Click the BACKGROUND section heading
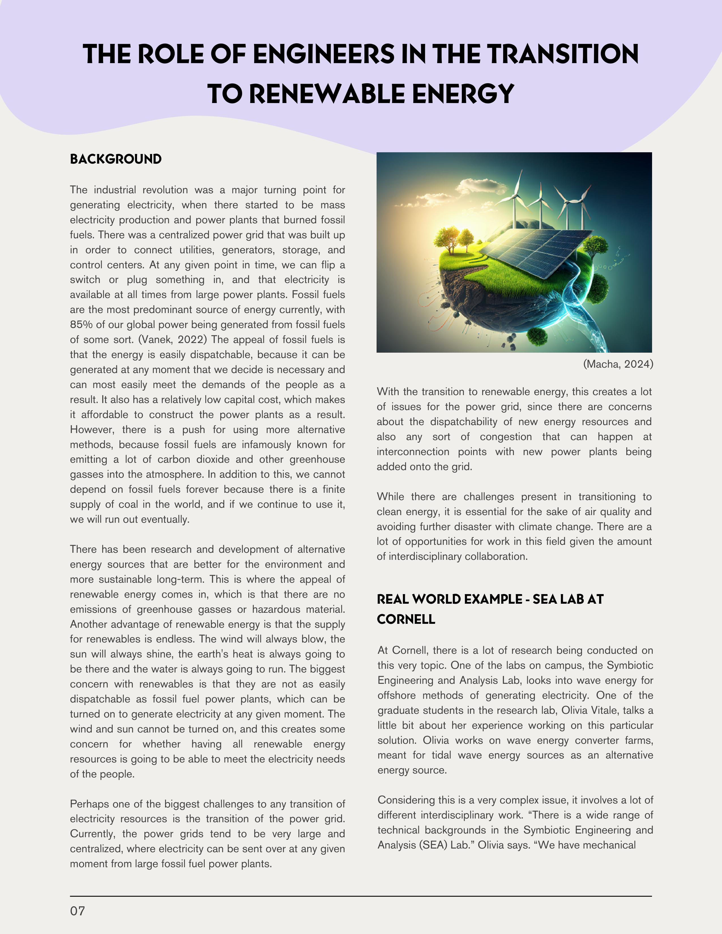[x=116, y=159]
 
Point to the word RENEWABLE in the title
[x=327, y=94]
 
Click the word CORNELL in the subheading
[x=406, y=619]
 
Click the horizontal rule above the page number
[x=361, y=896]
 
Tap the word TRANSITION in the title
[x=563, y=54]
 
